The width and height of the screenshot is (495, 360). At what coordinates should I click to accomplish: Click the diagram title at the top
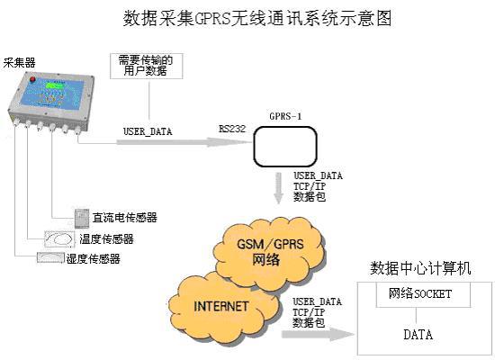[x=257, y=18]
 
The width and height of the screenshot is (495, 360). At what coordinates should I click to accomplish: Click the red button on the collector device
[x=32, y=78]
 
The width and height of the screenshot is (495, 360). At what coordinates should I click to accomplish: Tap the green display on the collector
[x=54, y=85]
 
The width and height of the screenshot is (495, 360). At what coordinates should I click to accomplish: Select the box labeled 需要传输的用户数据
[x=147, y=66]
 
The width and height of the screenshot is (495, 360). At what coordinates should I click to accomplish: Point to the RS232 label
[x=232, y=129]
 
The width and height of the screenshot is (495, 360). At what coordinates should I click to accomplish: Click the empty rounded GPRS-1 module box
[x=285, y=147]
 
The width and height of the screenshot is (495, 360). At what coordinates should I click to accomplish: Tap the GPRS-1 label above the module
[x=285, y=116]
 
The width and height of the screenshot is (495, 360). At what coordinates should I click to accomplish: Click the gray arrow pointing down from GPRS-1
[x=278, y=188]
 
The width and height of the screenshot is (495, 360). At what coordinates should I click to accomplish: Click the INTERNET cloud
[x=222, y=308]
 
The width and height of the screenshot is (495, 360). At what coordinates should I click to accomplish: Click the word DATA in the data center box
[x=418, y=335]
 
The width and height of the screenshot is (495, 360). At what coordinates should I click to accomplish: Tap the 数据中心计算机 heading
[x=420, y=268]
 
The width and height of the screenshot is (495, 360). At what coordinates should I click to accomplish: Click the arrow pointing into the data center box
[x=318, y=335]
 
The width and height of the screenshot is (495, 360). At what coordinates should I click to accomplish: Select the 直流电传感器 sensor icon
[x=82, y=218]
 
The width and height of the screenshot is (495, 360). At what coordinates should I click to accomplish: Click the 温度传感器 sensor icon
[x=59, y=239]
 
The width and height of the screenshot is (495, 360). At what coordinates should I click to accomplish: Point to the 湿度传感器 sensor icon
[x=50, y=257]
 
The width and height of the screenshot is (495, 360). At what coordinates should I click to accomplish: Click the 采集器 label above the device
[x=19, y=62]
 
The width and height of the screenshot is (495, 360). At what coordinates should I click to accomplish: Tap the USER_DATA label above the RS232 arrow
[x=148, y=131]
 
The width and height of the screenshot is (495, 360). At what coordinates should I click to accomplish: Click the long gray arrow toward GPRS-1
[x=184, y=142]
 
